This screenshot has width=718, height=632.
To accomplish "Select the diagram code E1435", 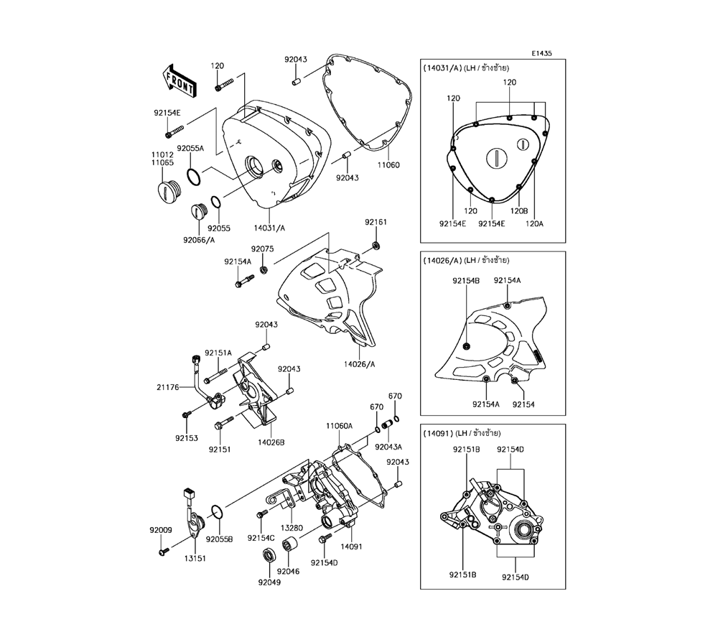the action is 541,53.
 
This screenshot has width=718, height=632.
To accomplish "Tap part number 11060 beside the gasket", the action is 388,165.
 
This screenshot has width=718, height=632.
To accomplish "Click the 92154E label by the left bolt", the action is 167,113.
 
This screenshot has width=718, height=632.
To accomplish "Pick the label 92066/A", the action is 199,240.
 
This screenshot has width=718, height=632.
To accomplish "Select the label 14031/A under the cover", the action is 269,228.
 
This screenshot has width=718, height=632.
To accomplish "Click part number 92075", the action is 262,248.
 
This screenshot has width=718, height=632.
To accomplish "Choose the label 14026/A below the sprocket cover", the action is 360,364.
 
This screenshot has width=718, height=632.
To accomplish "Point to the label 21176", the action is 168,387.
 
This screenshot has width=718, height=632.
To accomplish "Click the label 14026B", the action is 271,442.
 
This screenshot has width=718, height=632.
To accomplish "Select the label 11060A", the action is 340,426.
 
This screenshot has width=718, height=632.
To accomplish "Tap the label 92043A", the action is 388,447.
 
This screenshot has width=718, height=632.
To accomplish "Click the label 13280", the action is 292,528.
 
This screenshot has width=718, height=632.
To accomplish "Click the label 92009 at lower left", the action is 161,530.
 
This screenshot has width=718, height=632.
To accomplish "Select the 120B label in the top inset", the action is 519,211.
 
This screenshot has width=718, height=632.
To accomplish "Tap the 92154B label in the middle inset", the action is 466,281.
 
